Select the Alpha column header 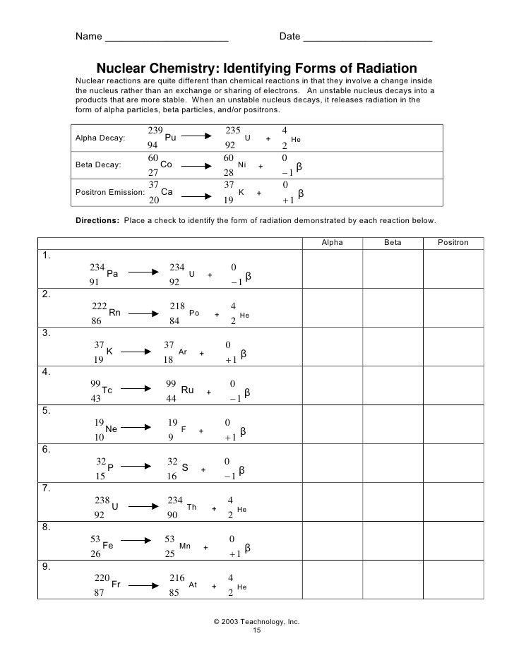(x=332, y=242)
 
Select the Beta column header (x=393, y=242)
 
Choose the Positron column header (x=453, y=242)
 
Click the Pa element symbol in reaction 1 (x=112, y=274)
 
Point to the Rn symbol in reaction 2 (x=115, y=313)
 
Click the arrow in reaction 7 (x=143, y=506)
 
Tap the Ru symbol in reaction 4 (x=187, y=390)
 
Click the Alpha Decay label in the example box (x=100, y=138)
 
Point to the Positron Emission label (x=109, y=192)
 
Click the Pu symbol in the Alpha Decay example (x=170, y=138)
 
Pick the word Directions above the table (x=97, y=220)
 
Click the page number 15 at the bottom (x=257, y=630)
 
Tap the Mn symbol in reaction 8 (x=186, y=546)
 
